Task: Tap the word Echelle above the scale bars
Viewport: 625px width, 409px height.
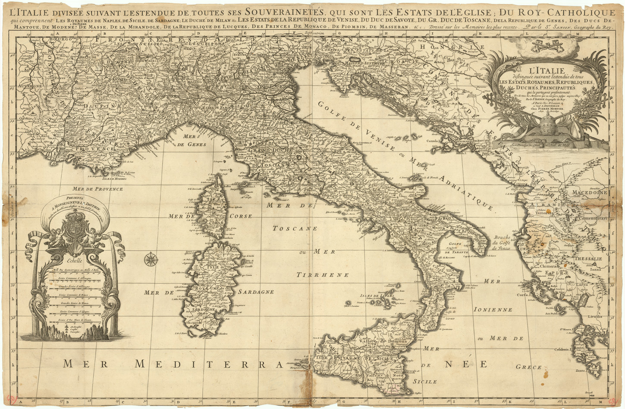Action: click(72, 260)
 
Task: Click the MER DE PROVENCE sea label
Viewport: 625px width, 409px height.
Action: click(98, 189)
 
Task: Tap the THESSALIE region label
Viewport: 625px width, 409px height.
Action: click(588, 259)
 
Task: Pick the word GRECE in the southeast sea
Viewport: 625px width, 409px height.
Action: click(528, 367)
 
